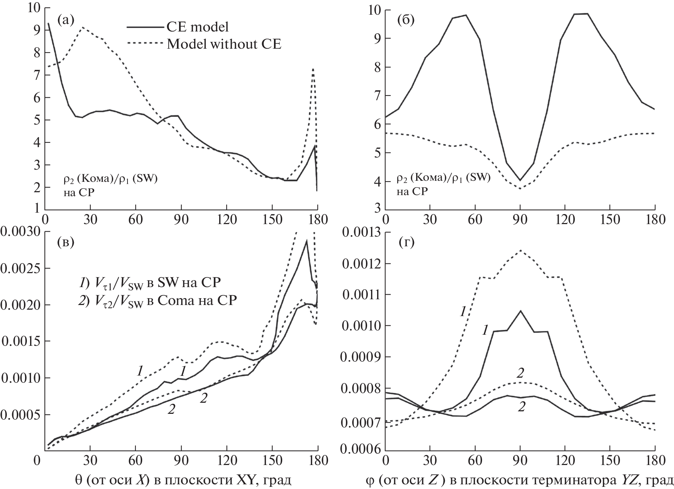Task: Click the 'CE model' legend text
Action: pos(198,27)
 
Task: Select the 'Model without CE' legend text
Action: pos(224,44)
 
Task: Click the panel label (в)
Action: pos(65,242)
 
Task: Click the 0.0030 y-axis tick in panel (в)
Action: pos(20,232)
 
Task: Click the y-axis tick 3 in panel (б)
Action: pos(377,210)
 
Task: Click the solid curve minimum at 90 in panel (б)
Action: pos(520,180)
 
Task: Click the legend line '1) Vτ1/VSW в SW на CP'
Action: pos(149,283)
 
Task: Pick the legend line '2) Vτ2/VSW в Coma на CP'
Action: pos(158,301)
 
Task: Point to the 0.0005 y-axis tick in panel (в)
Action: pos(20,416)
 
